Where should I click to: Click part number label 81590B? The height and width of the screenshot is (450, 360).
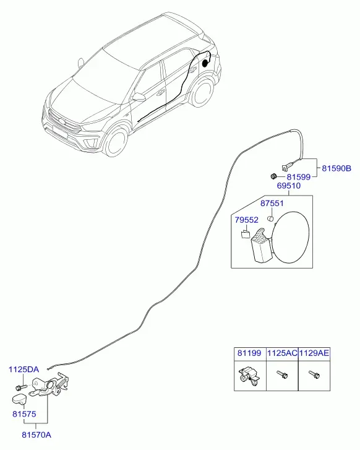coord(336,168)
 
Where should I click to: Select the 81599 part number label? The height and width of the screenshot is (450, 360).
coord(298,177)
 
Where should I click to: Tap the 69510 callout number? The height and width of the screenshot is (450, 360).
coord(289,186)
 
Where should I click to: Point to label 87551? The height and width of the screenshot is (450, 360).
coord(272,203)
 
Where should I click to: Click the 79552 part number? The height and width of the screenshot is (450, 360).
coord(246,220)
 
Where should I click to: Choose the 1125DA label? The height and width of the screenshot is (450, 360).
coord(24,369)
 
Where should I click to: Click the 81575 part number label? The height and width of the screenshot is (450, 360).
coord(24,414)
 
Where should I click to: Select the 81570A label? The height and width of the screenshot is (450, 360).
coord(36,435)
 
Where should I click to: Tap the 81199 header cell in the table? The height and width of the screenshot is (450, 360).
coord(250,353)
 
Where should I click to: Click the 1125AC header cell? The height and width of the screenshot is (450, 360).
coord(282,353)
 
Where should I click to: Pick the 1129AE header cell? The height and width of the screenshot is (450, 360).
coord(314,353)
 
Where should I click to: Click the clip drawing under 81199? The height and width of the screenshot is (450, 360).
coord(249,376)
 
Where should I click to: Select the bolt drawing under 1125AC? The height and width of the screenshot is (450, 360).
coord(282,374)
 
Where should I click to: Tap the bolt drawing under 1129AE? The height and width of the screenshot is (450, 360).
coord(314,374)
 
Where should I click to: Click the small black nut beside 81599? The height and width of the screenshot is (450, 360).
coord(273,176)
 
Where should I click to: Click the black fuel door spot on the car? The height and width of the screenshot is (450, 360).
coord(205,63)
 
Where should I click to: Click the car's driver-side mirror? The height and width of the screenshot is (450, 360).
coord(139,97)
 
